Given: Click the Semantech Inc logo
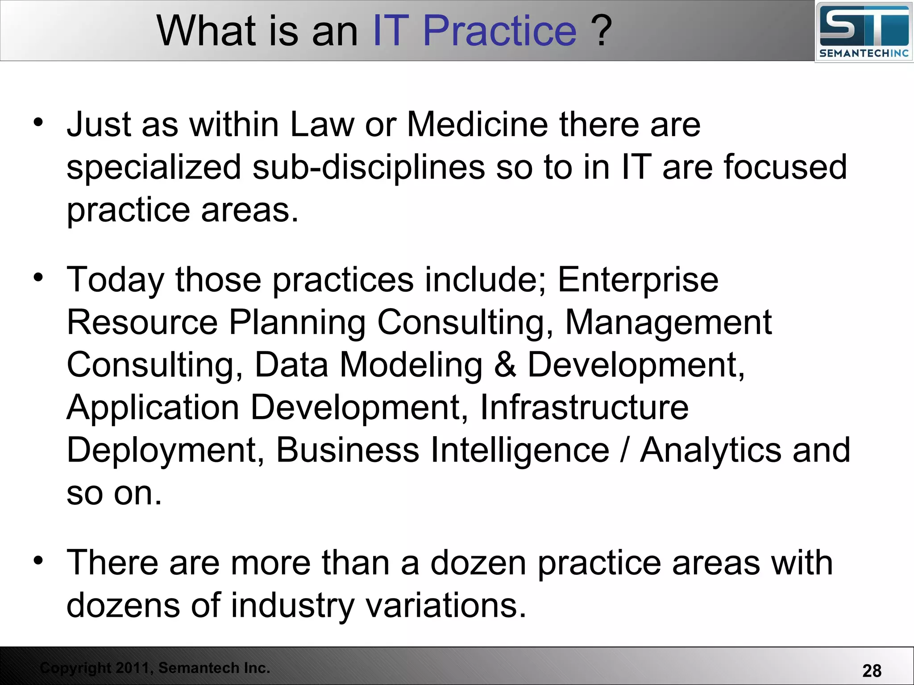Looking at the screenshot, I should click(x=864, y=32).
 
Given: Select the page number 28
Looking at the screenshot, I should click(x=872, y=671).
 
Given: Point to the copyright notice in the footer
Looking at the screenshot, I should click(x=155, y=668).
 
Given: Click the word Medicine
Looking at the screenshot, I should click(x=478, y=124).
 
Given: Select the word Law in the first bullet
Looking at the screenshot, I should click(x=322, y=124).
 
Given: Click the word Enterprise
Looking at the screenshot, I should click(x=638, y=280).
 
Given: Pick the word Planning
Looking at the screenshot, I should click(x=297, y=322).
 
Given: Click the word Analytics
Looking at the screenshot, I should click(x=710, y=450).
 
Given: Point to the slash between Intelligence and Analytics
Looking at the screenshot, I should click(x=624, y=450).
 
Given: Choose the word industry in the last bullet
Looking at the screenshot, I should click(x=292, y=605).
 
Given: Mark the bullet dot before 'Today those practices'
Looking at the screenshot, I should click(x=38, y=277).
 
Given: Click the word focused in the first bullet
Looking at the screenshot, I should click(x=785, y=167).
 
